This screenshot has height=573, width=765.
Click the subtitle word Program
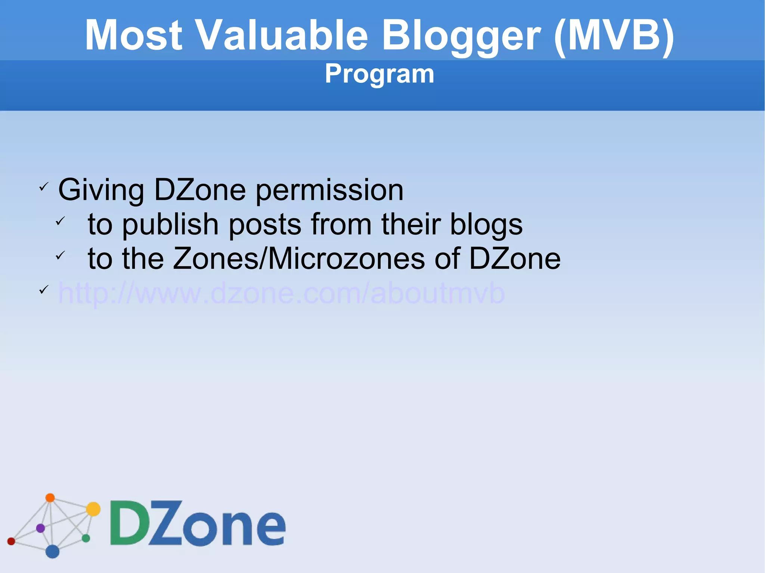pos(379,74)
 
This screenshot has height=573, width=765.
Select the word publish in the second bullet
pos(170,225)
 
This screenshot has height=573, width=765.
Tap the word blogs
pos(486,225)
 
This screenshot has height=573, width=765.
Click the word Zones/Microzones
pos(299,258)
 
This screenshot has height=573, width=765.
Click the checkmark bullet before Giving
pos(44,186)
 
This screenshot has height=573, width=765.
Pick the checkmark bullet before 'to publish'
pos(60,221)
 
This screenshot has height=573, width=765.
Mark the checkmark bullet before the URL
pos(44,290)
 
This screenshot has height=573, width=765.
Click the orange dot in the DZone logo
pos(50,498)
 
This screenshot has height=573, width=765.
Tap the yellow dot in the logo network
pos(93,509)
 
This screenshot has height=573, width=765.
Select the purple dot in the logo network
pos(40,528)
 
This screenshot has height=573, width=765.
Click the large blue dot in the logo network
pos(52,551)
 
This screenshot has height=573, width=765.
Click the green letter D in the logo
pos(129,523)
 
